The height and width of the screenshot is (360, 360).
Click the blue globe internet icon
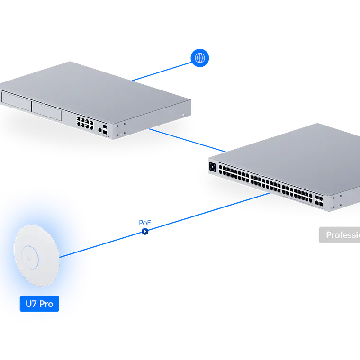tap(200, 58)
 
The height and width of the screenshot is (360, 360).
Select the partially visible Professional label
tap(339, 235)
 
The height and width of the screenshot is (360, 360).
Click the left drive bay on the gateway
tap(16, 99)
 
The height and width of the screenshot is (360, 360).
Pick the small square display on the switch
tap(212, 167)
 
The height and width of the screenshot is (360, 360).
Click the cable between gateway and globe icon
tap(161, 71)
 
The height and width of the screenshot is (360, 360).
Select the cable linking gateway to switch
tap(185, 139)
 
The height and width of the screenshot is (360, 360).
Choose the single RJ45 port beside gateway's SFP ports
tap(99, 129)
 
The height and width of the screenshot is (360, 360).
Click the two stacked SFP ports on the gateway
tap(105, 128)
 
